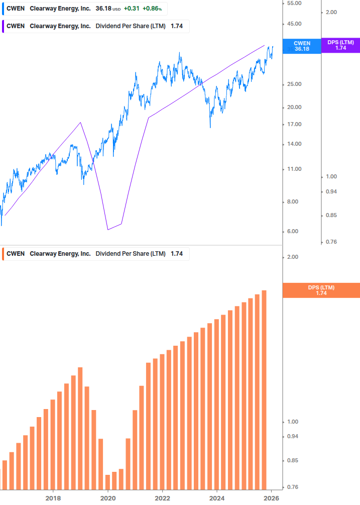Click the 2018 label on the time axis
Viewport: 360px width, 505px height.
[53, 498]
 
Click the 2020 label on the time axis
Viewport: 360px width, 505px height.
[107, 498]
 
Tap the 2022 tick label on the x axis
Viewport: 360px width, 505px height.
[162, 498]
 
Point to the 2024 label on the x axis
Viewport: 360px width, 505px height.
[217, 498]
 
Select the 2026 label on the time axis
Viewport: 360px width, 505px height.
[271, 498]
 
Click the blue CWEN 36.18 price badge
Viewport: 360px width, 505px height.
[301, 46]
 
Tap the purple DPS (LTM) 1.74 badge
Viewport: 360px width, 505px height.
[340, 45]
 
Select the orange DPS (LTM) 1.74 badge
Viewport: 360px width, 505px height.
[321, 290]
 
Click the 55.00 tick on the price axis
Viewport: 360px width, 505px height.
[293, 3]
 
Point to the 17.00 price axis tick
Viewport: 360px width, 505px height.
[293, 124]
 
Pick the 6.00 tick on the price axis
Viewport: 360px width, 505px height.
[293, 231]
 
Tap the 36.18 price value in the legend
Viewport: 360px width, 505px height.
[103, 9]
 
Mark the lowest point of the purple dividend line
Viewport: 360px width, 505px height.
[108, 230]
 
